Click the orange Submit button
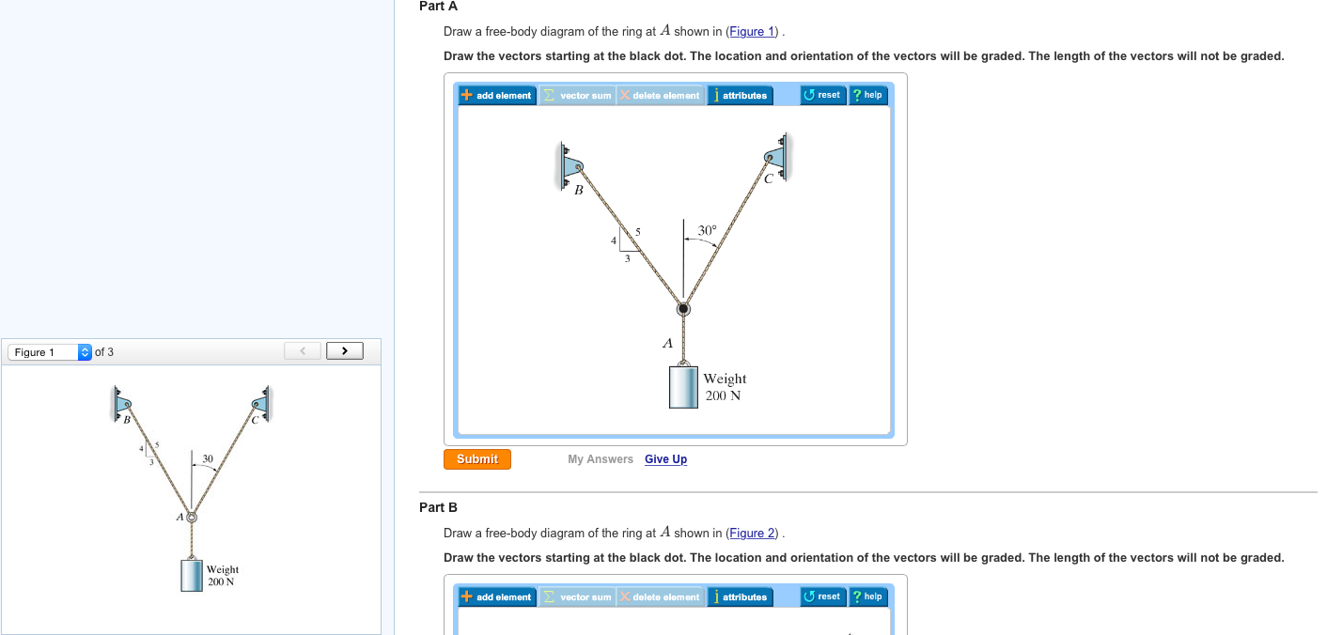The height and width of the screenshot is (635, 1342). tap(477, 459)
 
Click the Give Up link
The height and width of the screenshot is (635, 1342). tap(665, 459)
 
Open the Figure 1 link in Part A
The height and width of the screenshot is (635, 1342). tap(753, 32)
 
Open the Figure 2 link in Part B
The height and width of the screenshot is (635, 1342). tap(753, 534)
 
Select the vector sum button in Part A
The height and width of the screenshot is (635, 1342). tap(578, 95)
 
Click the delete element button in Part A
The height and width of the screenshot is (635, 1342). tap(660, 95)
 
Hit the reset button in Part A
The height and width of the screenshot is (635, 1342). tap(822, 95)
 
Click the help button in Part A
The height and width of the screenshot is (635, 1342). tap(867, 95)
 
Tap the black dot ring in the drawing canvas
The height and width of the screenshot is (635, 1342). tap(683, 309)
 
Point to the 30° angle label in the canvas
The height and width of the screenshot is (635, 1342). tap(708, 230)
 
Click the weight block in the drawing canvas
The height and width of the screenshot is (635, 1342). tap(683, 387)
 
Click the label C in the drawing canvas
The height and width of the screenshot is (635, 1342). tap(768, 178)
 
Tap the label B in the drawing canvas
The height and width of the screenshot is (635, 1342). tap(579, 191)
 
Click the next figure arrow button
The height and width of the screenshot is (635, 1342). tap(345, 351)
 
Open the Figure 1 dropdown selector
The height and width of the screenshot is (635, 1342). tap(51, 352)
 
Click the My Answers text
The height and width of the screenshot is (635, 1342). tap(601, 459)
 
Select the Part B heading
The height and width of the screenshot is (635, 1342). tap(438, 507)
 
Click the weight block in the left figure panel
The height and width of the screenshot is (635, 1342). tap(192, 575)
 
